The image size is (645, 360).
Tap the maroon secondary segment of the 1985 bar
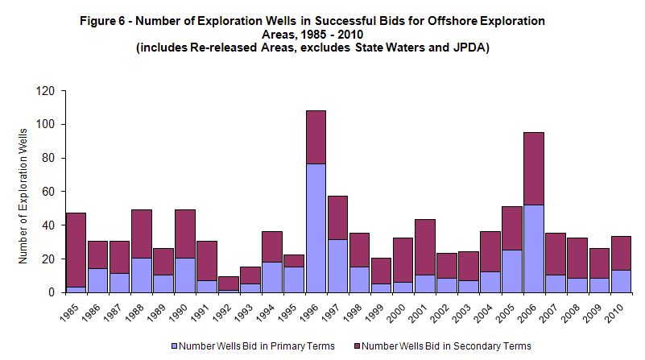click(76, 250)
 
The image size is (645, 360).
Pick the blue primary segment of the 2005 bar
click(512, 271)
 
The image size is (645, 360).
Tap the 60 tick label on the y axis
click(48, 192)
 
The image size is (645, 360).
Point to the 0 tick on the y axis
click(51, 292)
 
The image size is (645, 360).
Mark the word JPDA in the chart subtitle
click(469, 48)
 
